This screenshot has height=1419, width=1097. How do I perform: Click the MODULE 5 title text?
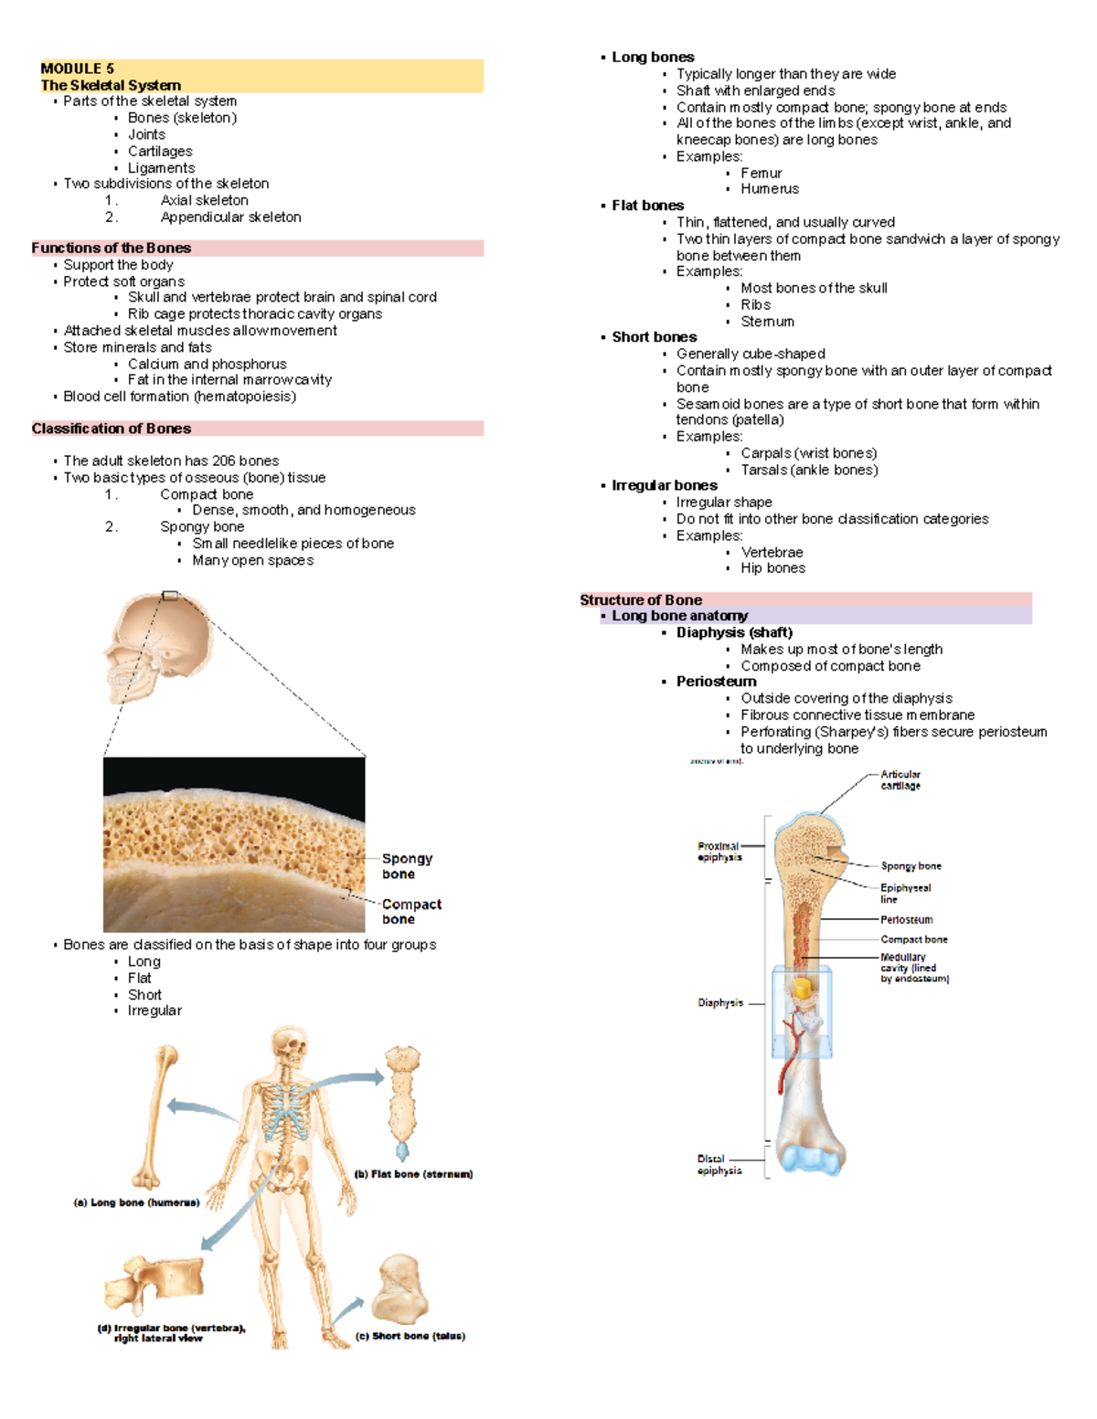(78, 69)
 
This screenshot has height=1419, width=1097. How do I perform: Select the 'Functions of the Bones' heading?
(111, 248)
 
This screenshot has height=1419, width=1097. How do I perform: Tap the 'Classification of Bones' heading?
(111, 429)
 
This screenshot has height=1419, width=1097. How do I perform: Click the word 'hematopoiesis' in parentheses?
(245, 397)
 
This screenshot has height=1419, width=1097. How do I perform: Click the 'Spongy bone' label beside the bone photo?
(407, 866)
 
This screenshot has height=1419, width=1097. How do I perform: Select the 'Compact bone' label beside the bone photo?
(410, 911)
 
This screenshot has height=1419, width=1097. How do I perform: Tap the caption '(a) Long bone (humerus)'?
(136, 1202)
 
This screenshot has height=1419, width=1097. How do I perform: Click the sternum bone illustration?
(402, 1101)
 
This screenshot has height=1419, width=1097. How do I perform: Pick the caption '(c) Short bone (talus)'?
(410, 1336)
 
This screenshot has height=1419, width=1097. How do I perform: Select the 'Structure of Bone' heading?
(640, 600)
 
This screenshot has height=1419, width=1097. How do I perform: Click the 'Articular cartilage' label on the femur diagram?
(900, 779)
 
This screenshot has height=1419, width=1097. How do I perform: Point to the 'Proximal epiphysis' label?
(719, 852)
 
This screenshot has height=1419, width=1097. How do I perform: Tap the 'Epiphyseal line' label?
(905, 893)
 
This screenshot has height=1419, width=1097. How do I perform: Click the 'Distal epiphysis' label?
(719, 1164)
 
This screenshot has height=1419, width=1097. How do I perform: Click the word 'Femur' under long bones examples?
(761, 173)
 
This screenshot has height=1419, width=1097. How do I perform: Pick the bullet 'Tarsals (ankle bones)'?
(808, 470)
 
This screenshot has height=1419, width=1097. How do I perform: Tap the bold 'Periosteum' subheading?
(716, 682)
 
